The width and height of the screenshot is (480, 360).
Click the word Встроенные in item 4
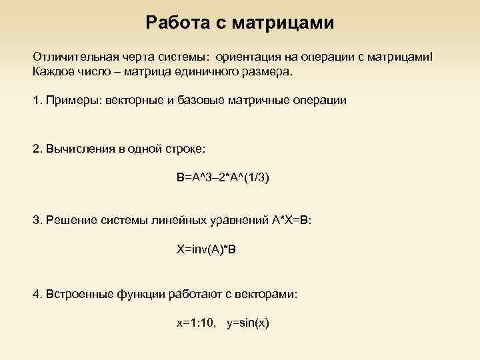[x=77, y=293]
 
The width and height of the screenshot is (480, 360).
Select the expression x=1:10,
[x=196, y=323]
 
